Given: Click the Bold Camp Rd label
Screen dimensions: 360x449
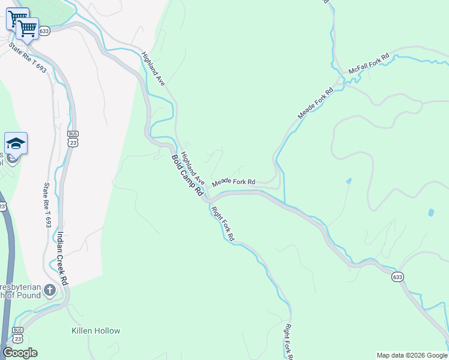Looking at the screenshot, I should tap(187, 175).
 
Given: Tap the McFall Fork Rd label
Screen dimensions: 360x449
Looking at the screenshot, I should tap(369, 65).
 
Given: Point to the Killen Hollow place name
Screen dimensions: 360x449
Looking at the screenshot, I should tap(96, 331).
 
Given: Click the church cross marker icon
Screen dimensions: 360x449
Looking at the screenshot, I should tap(50, 290).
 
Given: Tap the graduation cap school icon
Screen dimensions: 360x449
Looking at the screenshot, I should tap(16, 144).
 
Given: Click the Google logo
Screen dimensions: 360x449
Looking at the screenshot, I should tap(20, 353).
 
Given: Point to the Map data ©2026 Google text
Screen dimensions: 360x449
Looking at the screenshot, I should tap(412, 355).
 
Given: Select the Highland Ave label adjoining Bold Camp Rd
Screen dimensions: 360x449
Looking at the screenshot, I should tap(193, 169).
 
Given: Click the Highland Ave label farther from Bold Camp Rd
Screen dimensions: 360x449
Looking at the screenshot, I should tap(153, 68).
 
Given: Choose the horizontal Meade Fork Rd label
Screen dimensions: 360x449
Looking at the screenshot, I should tap(234, 182).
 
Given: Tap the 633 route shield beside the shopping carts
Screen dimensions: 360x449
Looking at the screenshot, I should tap(44, 31).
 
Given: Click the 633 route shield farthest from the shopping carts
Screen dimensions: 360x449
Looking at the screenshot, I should tap(397, 277).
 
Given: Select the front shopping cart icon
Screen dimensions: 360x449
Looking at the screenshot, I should tap(27, 28).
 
